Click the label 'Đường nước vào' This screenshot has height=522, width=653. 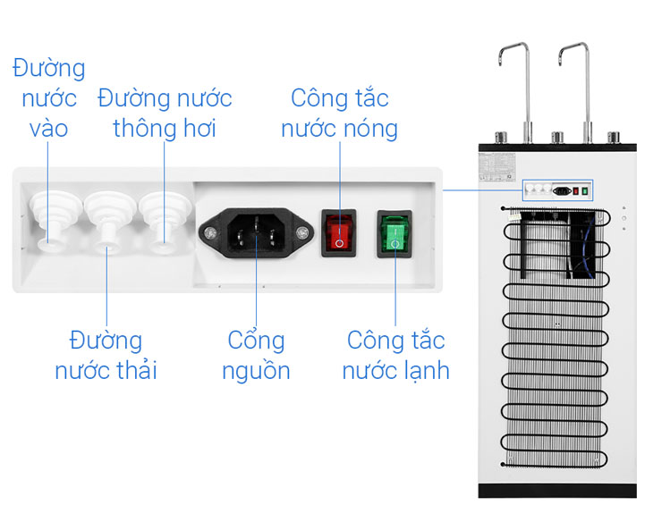(x=48, y=98)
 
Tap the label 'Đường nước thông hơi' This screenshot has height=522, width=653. (x=165, y=112)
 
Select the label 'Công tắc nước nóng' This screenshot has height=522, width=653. (x=339, y=113)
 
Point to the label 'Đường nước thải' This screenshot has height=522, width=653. (x=106, y=355)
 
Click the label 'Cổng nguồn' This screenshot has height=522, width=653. (x=256, y=355)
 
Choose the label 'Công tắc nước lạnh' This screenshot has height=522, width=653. (x=395, y=355)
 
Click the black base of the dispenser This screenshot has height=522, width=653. (x=556, y=491)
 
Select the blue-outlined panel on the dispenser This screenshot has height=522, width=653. (x=557, y=189)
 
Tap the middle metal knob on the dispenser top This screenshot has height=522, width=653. (x=556, y=139)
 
